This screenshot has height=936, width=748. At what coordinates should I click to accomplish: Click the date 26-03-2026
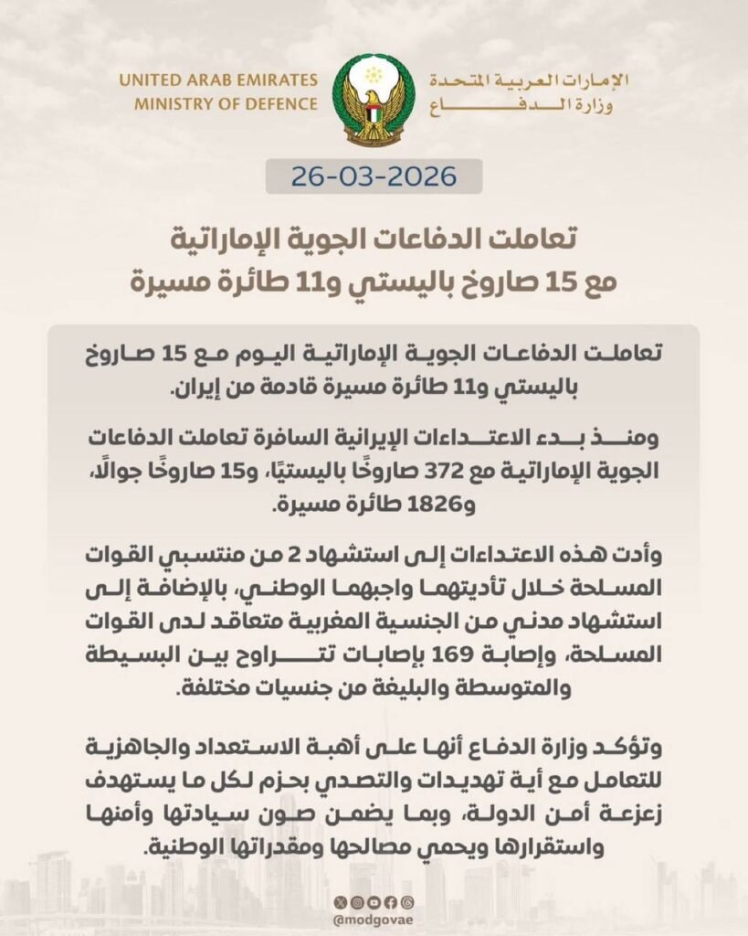[374, 175]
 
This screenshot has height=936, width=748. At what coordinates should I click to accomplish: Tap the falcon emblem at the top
[374, 100]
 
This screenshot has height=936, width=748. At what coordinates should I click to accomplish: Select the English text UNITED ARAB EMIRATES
[218, 80]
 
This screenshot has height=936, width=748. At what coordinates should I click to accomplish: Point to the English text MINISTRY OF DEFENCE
[226, 103]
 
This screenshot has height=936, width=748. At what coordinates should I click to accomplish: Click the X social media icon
[341, 903]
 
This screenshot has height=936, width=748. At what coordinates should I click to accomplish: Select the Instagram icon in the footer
[358, 903]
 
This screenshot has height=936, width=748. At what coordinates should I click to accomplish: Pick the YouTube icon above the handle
[374, 903]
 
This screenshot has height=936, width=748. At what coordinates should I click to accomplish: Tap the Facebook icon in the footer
[392, 903]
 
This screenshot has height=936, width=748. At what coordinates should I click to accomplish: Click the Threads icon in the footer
[408, 903]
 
